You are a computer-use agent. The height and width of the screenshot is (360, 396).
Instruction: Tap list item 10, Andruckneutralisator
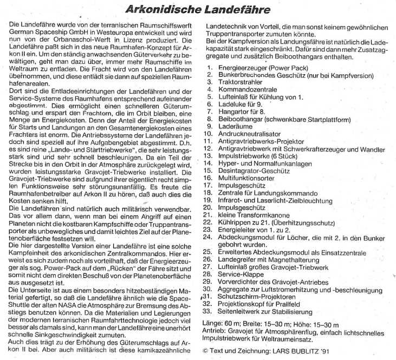pyautogui.click(x=252, y=133)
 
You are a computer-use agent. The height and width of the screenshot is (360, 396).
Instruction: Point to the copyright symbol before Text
pyautogui.click(x=204, y=350)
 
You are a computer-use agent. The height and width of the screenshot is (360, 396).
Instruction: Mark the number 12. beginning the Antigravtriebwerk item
pyautogui.click(x=207, y=148)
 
